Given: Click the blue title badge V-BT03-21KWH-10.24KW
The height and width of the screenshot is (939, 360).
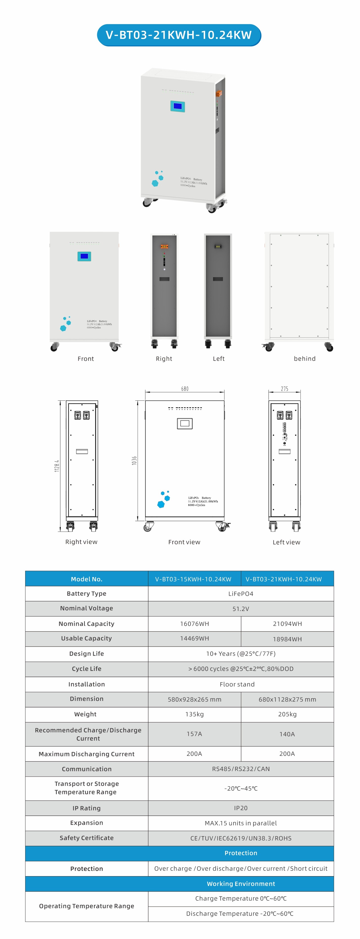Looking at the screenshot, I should [179, 35].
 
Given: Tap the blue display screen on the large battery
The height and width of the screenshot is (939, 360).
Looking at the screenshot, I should [178, 106].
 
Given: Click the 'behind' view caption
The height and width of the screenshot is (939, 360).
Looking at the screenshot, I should [305, 359].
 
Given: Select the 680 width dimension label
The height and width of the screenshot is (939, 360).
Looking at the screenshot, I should [185, 389].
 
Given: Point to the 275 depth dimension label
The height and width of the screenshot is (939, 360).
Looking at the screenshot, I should [284, 389].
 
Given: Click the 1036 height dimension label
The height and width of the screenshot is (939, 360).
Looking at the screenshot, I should [134, 460].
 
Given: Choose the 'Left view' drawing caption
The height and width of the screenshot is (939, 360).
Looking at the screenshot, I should [286, 542].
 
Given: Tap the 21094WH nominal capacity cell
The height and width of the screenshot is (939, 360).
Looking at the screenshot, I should [287, 624].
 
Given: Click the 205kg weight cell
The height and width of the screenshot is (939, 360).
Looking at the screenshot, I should [287, 714].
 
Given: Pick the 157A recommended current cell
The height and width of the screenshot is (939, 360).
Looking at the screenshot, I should [194, 734].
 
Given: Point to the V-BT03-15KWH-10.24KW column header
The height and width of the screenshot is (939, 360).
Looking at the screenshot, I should [193, 579].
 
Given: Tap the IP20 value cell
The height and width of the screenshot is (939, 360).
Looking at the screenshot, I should [240, 808].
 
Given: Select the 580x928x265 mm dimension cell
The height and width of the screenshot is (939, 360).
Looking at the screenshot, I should [194, 699].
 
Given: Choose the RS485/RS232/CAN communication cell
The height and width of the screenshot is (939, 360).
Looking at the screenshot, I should [240, 769].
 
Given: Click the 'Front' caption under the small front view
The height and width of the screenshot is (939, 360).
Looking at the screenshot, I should [86, 359].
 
